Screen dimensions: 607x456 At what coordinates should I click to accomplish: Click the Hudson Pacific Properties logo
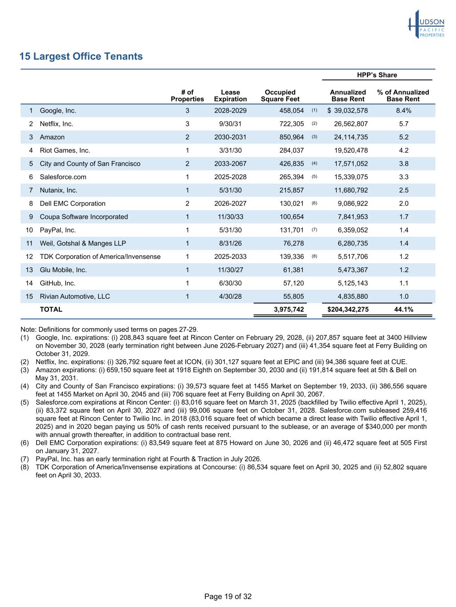[x=426, y=24]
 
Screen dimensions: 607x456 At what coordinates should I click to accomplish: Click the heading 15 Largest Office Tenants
[x=81, y=56]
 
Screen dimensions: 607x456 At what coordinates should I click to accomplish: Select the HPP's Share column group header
[x=377, y=75]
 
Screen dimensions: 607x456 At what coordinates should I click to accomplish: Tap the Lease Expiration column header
[x=230, y=96]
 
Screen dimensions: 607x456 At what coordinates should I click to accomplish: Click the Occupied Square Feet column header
[x=280, y=96]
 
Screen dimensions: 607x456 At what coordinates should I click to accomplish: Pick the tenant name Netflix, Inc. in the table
[x=57, y=124]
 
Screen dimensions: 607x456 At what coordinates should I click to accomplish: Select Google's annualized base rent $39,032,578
[x=347, y=111]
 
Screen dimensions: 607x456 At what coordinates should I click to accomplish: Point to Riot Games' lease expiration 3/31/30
[x=230, y=151]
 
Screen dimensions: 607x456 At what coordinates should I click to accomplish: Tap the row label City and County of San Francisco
[x=90, y=164]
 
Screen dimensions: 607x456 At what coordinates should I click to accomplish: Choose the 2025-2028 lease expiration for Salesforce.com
[x=230, y=177]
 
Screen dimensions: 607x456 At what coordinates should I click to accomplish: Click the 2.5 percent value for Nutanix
[x=403, y=190]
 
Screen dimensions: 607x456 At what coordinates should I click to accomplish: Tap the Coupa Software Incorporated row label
[x=84, y=217]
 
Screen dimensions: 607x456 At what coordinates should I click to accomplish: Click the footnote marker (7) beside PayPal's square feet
[x=314, y=230]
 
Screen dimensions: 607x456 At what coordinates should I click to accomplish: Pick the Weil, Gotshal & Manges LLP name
[x=83, y=243]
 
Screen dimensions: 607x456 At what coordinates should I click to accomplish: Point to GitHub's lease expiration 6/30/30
[x=230, y=283]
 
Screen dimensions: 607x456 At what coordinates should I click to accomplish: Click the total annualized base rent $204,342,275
[x=348, y=310]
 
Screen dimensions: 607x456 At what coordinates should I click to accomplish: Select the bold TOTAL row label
[x=51, y=310]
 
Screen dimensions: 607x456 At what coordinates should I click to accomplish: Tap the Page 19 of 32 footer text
[x=228, y=596]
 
